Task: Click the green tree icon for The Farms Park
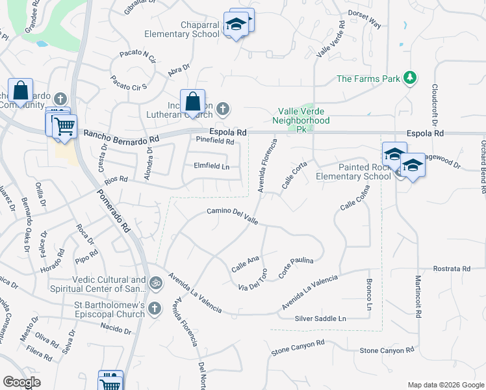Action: pyautogui.click(x=409, y=78)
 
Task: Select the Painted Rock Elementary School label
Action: pyautogui.click(x=353, y=172)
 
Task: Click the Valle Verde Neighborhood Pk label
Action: pyautogui.click(x=301, y=120)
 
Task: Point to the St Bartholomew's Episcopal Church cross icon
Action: pyautogui.click(x=155, y=308)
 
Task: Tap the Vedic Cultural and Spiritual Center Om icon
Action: pyautogui.click(x=155, y=283)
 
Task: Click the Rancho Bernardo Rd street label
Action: pyautogui.click(x=122, y=137)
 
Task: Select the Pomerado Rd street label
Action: pyautogui.click(x=114, y=211)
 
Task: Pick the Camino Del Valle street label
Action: pyautogui.click(x=232, y=216)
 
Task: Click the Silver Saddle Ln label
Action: pyautogui.click(x=320, y=318)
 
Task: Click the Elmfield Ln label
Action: pyautogui.click(x=212, y=166)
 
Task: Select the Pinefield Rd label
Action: pyautogui.click(x=214, y=140)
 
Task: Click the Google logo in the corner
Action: pyautogui.click(x=21, y=382)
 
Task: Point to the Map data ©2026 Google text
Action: pyautogui.click(x=445, y=385)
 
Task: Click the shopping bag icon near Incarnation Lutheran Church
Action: pyautogui.click(x=192, y=102)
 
